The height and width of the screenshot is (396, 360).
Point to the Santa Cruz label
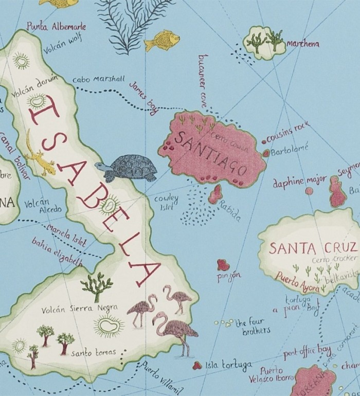313,248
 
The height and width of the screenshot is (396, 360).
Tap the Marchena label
303,44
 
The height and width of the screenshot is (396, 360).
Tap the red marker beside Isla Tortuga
196,365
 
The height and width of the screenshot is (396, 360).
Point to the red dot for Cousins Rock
264,141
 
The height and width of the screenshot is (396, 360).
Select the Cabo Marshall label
98,79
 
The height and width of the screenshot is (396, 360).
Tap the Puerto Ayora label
297,280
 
